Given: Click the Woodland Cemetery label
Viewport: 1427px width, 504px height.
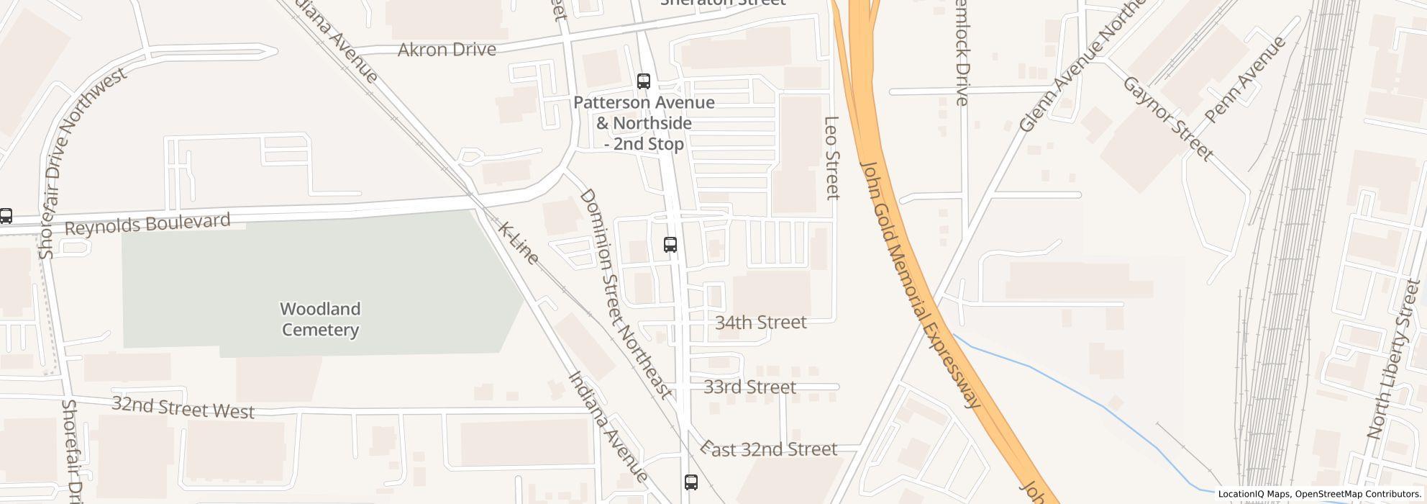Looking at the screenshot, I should (320, 320).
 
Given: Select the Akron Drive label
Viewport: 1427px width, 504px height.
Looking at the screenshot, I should (447, 50).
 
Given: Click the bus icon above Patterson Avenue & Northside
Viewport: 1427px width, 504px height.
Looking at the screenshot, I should (644, 81).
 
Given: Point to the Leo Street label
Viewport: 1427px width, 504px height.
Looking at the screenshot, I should (831, 158).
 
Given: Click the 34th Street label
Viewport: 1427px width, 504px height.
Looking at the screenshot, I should (760, 323).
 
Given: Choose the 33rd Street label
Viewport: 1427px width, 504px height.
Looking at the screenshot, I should (749, 387).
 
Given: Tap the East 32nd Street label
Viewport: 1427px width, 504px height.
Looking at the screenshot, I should (770, 449).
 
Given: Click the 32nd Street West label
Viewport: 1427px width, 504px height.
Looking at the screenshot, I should (183, 408).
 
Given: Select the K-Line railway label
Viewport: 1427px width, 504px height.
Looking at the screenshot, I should (518, 243).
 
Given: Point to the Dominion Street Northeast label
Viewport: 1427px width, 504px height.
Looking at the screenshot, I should (624, 294).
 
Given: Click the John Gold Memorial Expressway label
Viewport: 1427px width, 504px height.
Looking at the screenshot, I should (921, 284).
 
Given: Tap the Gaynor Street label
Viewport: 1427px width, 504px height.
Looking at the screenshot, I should (1167, 119).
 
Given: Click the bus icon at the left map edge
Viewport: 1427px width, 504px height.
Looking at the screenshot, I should (6, 215).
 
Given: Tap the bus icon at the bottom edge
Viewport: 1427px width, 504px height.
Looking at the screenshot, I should (690, 482).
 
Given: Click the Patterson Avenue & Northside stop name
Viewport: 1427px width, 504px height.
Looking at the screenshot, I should (644, 123).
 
